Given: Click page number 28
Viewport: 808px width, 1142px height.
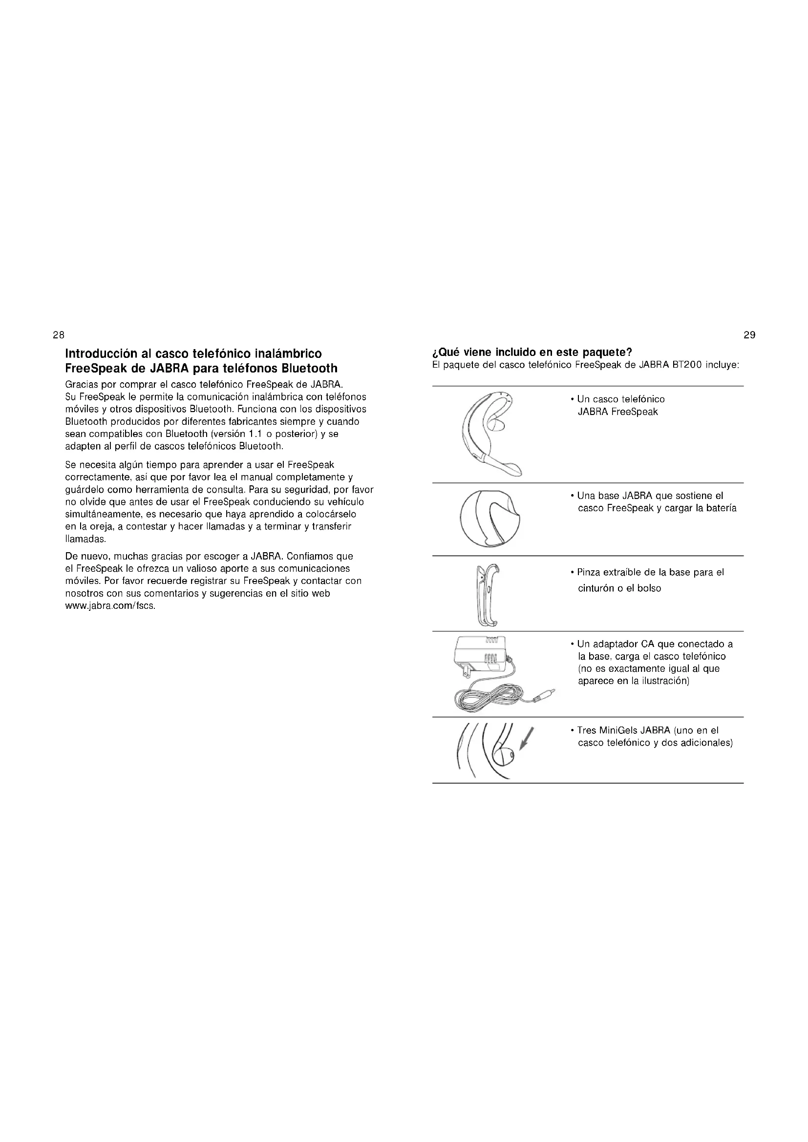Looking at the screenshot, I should point(58,335).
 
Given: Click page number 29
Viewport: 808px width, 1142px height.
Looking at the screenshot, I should point(749,335).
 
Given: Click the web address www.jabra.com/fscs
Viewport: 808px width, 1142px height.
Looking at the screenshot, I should point(110,606).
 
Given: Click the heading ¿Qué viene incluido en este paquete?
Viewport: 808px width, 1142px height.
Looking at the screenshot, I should point(532,353).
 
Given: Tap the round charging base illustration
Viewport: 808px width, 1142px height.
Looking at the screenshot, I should point(490,519).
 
